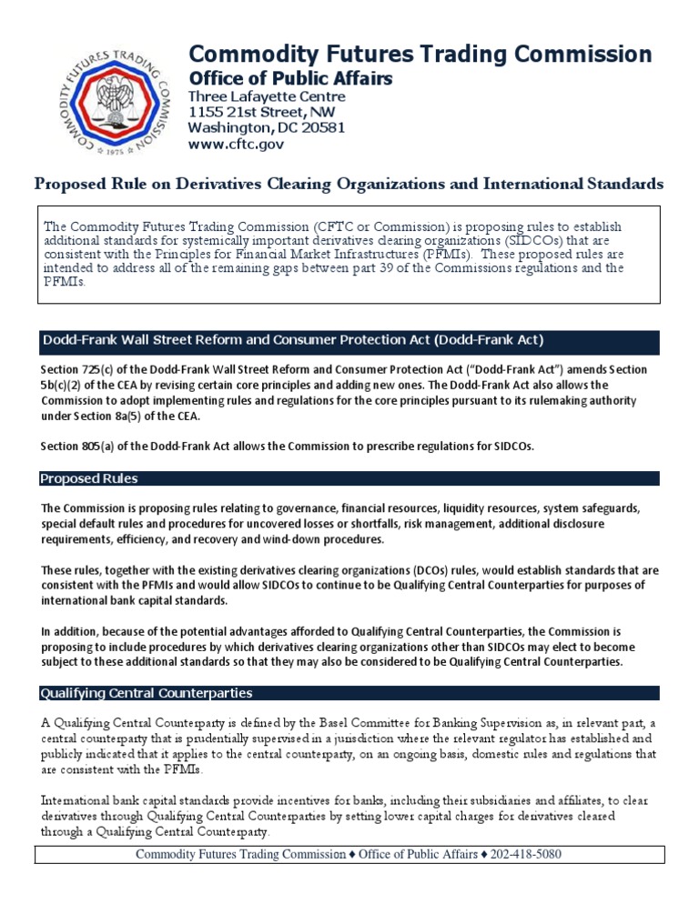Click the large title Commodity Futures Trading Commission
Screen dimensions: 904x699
pos(420,54)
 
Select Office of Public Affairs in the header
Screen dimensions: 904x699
pos(290,79)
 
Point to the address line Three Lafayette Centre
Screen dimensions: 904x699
pos(266,97)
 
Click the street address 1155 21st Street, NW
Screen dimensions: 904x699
pos(262,112)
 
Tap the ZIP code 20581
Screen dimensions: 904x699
pos(325,127)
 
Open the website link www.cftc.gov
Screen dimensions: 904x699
pos(236,144)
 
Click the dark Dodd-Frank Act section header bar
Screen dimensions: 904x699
pos(349,341)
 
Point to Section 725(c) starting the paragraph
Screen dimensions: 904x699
pos(77,369)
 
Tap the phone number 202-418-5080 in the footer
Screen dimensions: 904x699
pos(532,854)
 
